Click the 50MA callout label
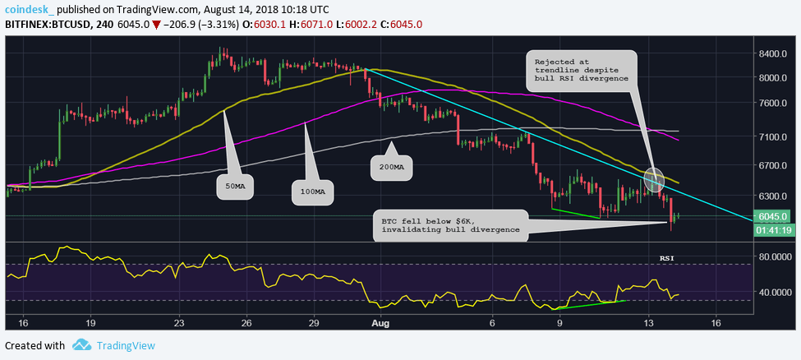(x=235, y=187)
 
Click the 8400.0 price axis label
(x=773, y=53)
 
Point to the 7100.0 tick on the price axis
(x=773, y=136)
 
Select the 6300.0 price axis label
(x=773, y=196)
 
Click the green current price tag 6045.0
(x=773, y=216)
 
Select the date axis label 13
(x=648, y=324)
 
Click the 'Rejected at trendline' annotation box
(x=581, y=72)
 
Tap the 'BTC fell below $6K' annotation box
(x=451, y=225)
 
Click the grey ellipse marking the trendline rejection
(x=654, y=179)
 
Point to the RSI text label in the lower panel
(x=668, y=259)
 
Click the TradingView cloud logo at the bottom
(x=81, y=345)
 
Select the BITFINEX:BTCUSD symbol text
(x=41, y=25)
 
